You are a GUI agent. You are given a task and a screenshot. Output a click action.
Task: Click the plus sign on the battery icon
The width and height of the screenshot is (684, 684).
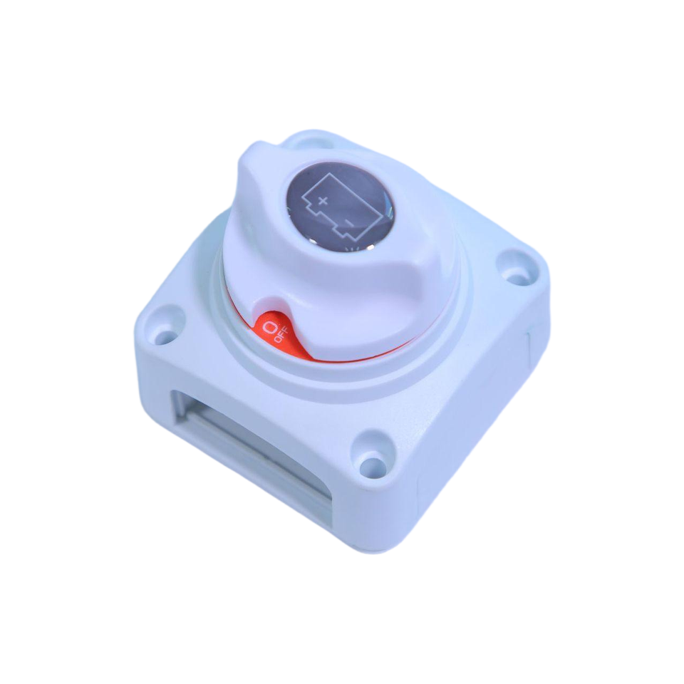pos(322,201)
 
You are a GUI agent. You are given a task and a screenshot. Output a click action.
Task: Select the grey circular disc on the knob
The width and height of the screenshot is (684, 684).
pos(336,207)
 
